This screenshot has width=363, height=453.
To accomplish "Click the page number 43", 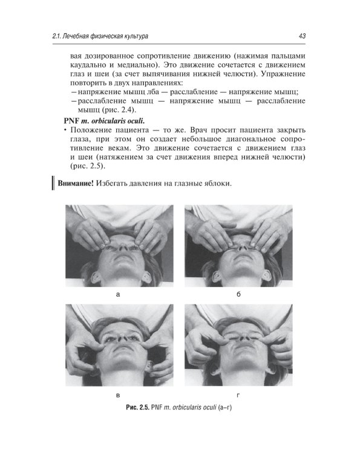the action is tap(302, 36).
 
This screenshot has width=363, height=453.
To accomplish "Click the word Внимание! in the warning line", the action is tap(76, 184).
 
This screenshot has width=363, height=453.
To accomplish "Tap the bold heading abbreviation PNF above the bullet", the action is tap(71, 120).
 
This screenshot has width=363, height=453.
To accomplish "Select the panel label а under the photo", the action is tap(118, 295).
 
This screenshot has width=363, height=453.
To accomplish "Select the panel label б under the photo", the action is tap(238, 294).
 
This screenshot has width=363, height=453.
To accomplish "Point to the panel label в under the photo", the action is tap(118, 395).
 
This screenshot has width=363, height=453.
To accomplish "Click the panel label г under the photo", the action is tap(238, 395).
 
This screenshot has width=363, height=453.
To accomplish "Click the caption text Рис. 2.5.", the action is tap(137, 407).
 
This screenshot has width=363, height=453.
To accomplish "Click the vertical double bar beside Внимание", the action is tap(53, 183).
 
